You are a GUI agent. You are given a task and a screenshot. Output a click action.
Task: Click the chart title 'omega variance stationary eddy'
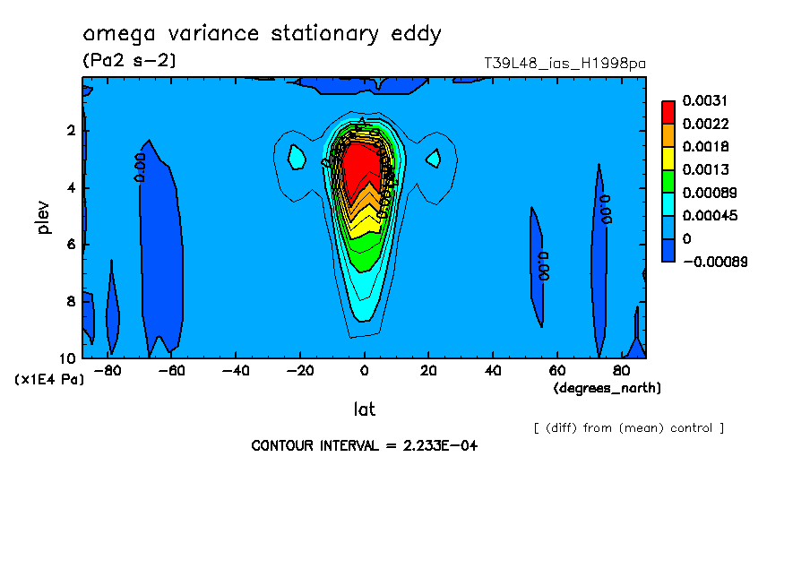pyautogui.click(x=262, y=35)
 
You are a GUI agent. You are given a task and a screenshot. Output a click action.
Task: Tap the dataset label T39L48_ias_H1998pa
pyautogui.click(x=564, y=64)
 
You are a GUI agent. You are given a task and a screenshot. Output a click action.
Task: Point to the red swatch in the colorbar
pyautogui.click(x=668, y=111)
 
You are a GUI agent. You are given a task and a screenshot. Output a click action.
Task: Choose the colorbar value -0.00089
pyautogui.click(x=715, y=262)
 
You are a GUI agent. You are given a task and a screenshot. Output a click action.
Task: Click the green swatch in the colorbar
pyautogui.click(x=668, y=181)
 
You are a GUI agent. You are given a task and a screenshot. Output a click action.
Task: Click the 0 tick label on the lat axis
pyautogui.click(x=364, y=369)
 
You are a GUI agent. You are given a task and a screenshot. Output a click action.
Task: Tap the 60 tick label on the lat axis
pyautogui.click(x=556, y=369)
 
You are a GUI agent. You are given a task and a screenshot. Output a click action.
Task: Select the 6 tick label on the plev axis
pyautogui.click(x=71, y=245)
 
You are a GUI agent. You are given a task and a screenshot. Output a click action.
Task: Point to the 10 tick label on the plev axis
pyautogui.click(x=68, y=358)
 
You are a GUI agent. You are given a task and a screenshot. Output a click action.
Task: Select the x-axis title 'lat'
pyautogui.click(x=364, y=409)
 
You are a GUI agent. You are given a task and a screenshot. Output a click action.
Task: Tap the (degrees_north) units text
pyautogui.click(x=607, y=388)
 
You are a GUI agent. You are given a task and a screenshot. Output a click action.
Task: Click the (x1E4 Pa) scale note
pyautogui.click(x=49, y=380)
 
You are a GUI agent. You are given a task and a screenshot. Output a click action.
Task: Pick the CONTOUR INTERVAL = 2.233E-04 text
pyautogui.click(x=364, y=445)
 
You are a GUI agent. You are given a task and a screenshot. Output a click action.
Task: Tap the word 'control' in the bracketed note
pyautogui.click(x=690, y=428)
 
